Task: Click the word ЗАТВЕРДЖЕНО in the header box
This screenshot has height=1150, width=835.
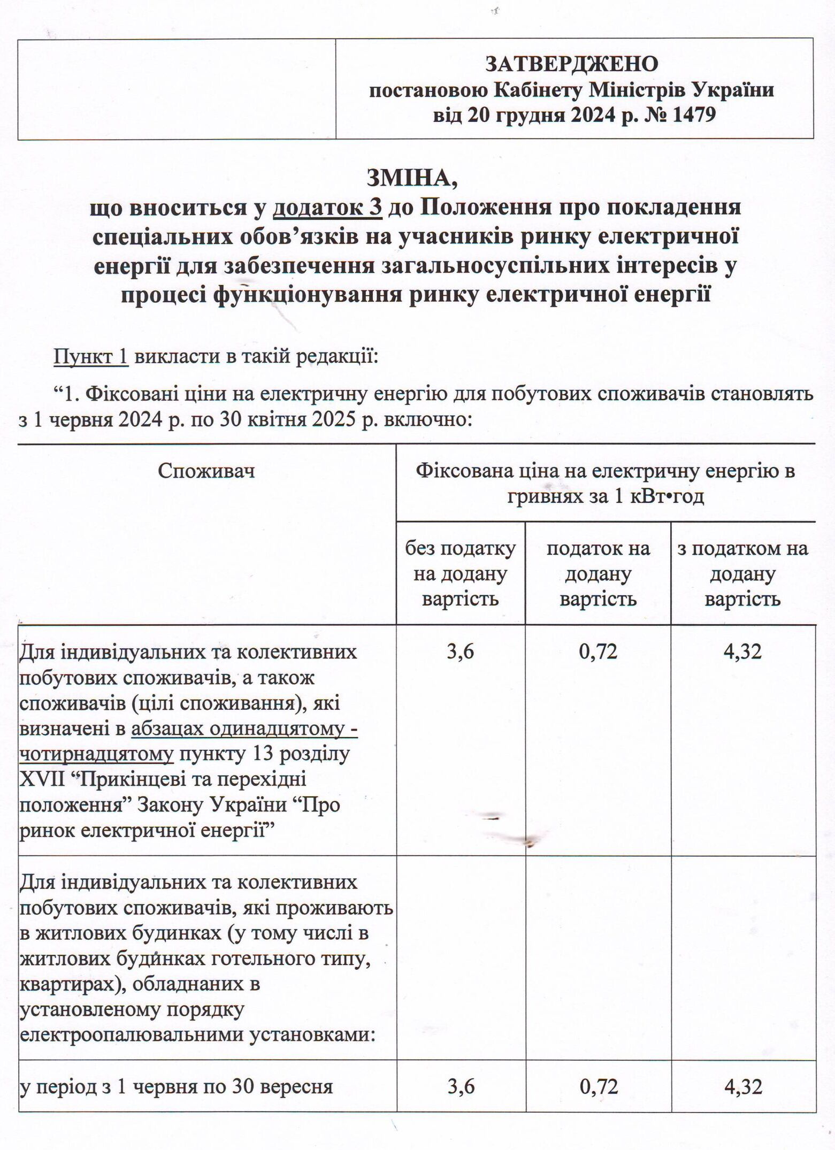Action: point(571,64)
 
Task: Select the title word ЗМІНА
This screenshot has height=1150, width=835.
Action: point(412,178)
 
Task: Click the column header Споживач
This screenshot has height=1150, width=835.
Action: point(206,471)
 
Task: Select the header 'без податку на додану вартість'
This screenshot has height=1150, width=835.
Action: point(460,573)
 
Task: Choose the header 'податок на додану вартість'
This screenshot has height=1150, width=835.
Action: point(598,573)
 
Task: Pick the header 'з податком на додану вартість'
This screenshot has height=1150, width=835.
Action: point(742,573)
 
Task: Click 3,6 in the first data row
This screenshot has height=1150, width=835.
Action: point(461,651)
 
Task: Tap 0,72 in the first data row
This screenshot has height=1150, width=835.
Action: point(598,651)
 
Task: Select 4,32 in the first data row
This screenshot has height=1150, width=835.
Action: point(742,651)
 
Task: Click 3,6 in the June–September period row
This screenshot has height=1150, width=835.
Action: point(461,1086)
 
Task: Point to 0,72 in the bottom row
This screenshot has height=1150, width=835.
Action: point(598,1086)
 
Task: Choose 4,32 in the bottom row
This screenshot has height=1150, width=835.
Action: point(742,1086)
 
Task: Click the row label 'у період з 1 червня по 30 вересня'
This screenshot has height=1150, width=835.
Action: point(176,1086)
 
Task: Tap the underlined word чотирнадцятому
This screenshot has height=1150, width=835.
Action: point(96,754)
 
